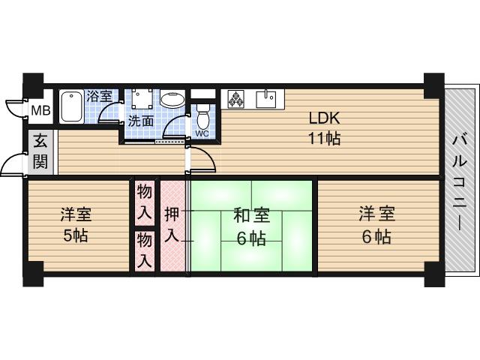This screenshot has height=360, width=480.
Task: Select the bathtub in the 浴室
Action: click(x=72, y=105)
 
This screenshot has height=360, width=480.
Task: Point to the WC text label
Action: click(x=202, y=133)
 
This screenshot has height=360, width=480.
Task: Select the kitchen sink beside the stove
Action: click(x=266, y=98)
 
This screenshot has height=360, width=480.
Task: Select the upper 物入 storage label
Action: click(x=145, y=201)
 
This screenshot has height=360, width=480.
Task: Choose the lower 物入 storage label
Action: click(x=145, y=250)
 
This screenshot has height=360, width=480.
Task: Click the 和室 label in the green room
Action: click(x=250, y=216)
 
